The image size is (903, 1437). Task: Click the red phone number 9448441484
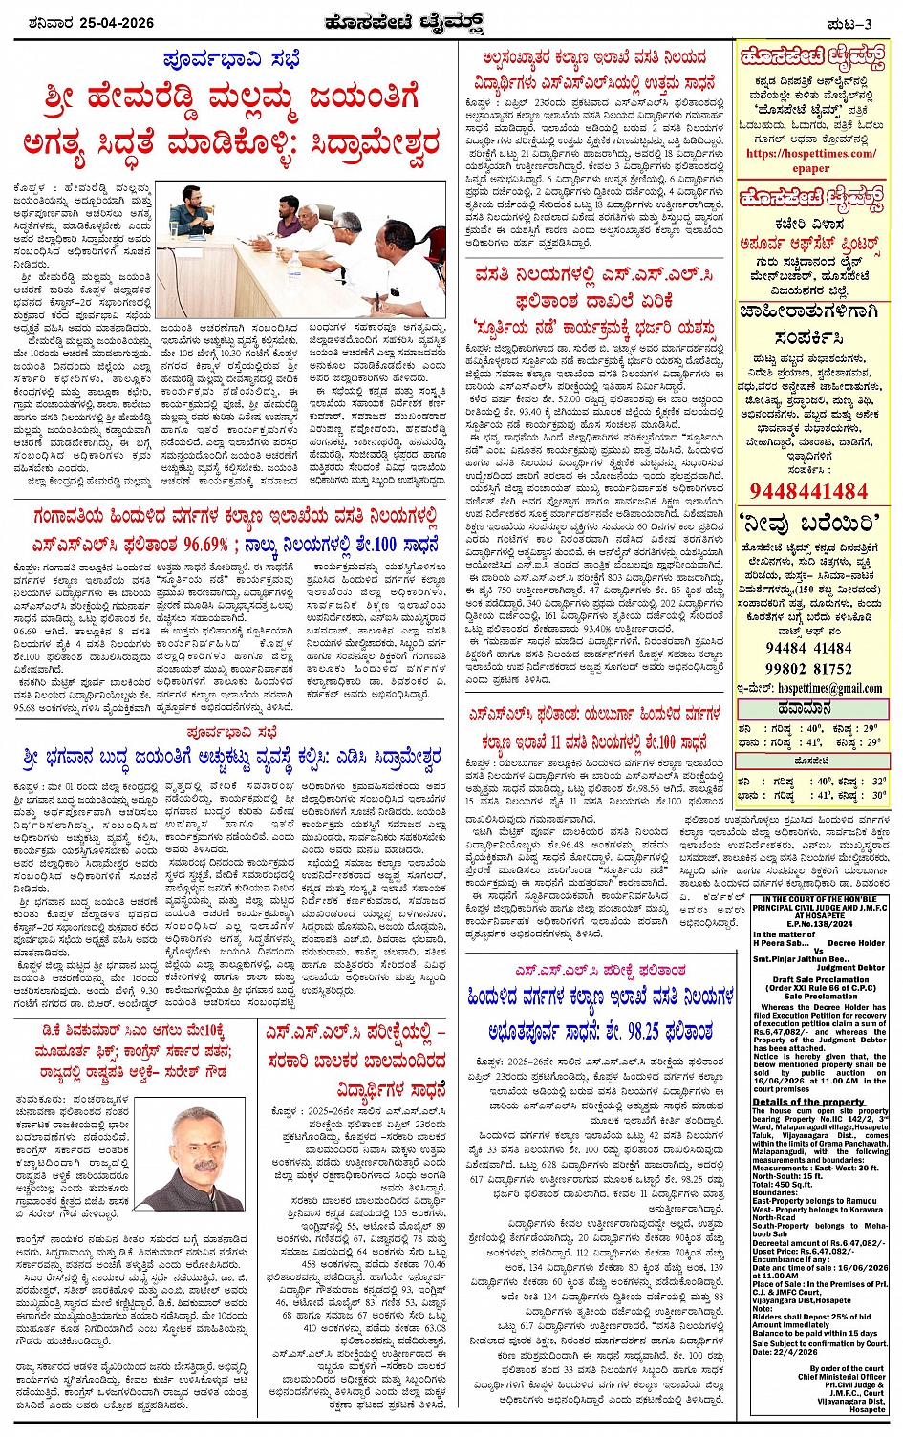[810, 491]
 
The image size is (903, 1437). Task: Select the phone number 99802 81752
[810, 669]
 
